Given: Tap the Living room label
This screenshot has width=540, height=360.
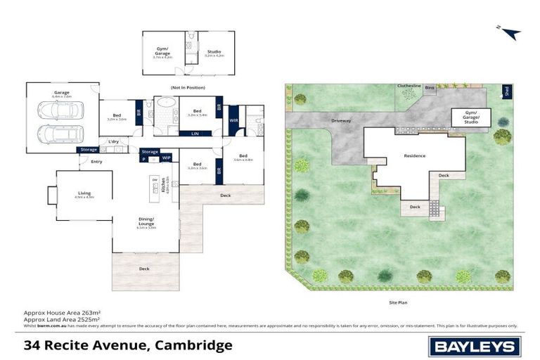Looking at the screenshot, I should [84, 193].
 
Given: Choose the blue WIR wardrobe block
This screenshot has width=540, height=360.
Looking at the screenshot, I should [234, 120].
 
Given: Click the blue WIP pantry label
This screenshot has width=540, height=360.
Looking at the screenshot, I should [167, 158].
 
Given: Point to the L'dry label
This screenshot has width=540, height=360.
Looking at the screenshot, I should [112, 142].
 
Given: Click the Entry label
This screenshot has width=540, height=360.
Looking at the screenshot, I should [96, 162].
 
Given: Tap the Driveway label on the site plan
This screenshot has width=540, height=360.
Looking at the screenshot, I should [341, 121].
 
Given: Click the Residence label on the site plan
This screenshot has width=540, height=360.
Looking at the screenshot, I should [415, 155].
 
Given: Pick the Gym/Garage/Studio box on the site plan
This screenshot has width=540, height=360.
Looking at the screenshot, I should [465, 117].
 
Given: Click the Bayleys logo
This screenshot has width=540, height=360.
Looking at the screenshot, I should [475, 345].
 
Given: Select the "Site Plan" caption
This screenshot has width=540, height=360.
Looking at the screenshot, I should [398, 302].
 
